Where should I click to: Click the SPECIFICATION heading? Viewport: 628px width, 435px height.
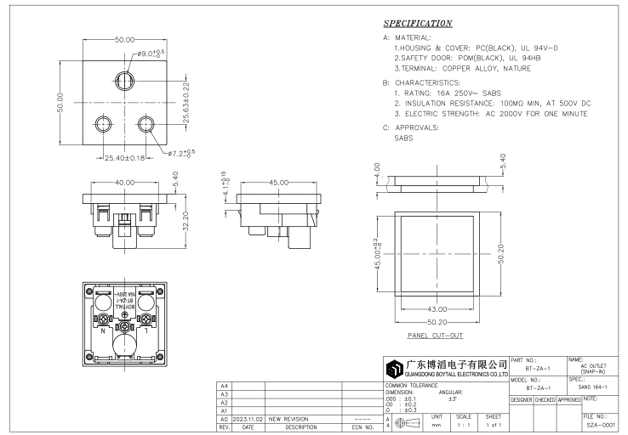[x=418, y=22]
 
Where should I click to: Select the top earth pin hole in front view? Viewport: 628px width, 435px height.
[x=125, y=82]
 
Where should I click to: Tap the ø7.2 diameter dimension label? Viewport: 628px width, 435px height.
[x=181, y=154]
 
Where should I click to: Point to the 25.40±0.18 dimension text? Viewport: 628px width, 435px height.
[x=124, y=157]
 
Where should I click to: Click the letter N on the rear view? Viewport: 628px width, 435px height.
[x=104, y=333]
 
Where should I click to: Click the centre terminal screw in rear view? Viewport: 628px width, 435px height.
[x=125, y=326]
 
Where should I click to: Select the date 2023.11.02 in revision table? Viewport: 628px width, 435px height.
[x=247, y=419]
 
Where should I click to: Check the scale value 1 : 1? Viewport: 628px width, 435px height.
[x=463, y=424]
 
